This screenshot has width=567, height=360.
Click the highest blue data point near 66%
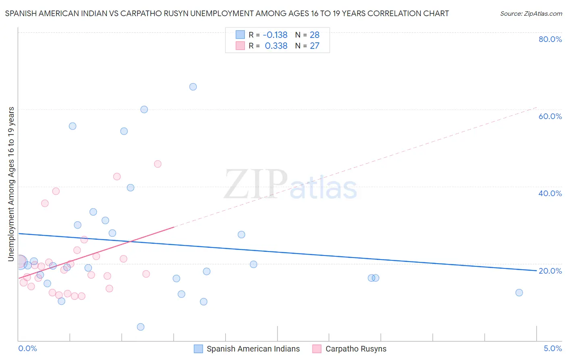(193, 87)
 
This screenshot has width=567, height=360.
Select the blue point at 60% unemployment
(144, 109)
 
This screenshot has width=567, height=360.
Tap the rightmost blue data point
(519, 293)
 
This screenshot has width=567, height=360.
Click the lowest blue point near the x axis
(141, 327)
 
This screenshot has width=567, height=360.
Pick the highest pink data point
(158, 164)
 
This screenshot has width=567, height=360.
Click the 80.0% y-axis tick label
(550, 39)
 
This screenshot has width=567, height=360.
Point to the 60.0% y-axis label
(550, 116)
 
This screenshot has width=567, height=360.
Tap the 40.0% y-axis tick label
(550, 193)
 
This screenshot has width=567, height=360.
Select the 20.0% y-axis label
(550, 271)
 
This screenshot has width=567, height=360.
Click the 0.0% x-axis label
(27, 349)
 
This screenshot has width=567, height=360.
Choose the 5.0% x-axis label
(552, 349)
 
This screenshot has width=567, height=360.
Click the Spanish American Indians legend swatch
(198, 349)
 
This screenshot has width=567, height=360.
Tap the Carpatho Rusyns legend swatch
(317, 349)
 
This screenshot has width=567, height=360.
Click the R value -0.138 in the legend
(275, 35)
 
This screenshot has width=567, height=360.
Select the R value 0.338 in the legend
(276, 46)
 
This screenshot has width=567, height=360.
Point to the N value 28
(315, 35)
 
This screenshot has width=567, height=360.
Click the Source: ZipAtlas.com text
(531, 14)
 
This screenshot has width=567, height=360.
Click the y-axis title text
(11, 184)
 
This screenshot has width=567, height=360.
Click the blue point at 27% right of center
(242, 234)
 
